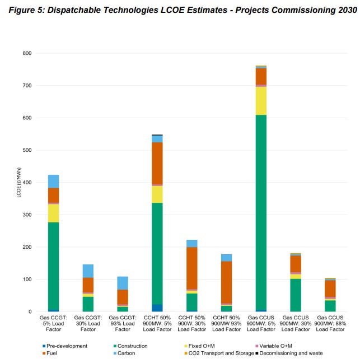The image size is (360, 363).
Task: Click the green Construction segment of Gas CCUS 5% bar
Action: (x=261, y=213)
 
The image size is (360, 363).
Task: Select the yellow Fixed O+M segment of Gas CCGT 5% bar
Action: (x=53, y=213)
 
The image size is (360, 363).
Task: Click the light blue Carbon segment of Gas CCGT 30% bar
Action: (x=88, y=271)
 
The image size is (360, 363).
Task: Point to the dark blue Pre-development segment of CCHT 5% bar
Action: (x=157, y=308)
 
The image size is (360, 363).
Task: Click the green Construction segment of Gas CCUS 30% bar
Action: (x=296, y=295)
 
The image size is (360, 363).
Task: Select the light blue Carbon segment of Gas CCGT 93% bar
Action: (x=123, y=283)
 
